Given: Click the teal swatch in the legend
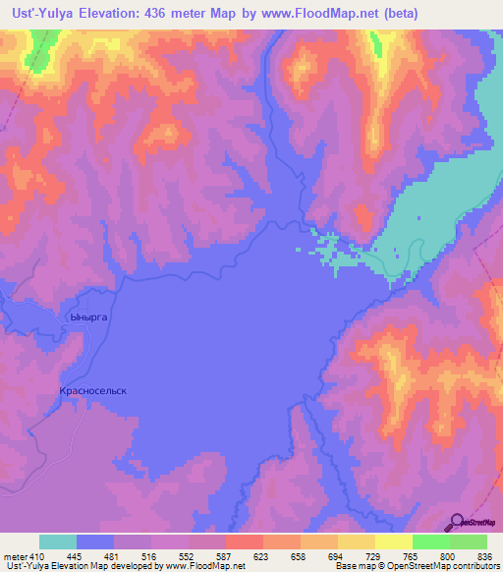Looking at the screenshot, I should click(58, 542).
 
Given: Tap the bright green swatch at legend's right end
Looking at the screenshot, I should click(468, 542).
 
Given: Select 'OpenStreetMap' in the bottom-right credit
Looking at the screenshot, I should click(460, 567).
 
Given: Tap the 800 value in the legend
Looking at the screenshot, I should click(450, 556).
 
